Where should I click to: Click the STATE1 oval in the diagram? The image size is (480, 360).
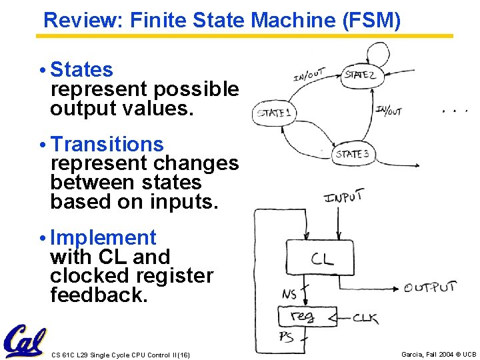click(x=275, y=113)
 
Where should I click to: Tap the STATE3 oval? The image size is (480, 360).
click(x=353, y=154)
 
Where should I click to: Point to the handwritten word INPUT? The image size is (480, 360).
click(x=343, y=197)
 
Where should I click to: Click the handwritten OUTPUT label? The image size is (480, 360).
click(x=431, y=288)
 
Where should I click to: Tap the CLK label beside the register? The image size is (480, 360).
click(x=366, y=317)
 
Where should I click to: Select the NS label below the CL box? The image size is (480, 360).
click(x=289, y=294)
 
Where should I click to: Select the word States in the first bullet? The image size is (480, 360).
click(x=82, y=69)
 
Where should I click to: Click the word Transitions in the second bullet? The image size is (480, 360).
click(x=107, y=144)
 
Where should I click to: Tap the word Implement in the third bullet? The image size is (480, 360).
click(x=103, y=237)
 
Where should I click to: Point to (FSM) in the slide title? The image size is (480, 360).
click(x=371, y=21)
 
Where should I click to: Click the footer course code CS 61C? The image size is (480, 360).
click(x=65, y=355)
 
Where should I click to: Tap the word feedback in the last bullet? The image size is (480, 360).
click(x=99, y=295)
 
